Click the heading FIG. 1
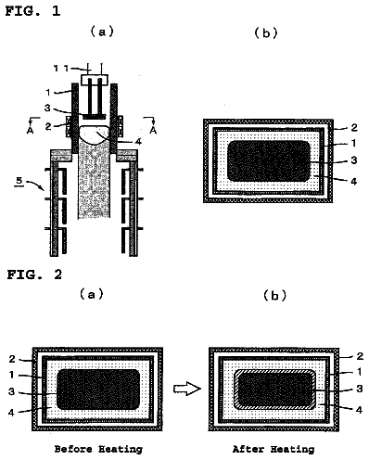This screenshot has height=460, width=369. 32,11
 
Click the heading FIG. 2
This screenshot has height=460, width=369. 34,275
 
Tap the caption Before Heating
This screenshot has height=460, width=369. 98,449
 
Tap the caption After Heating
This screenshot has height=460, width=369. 274,449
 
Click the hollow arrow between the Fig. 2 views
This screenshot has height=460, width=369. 187,389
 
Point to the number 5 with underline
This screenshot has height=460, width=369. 19,181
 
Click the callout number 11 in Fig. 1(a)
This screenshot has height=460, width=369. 61,68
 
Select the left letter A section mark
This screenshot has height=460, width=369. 30,131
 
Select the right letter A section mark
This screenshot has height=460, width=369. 153,131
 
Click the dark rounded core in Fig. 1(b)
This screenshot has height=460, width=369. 269,160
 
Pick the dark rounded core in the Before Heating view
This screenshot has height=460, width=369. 98,390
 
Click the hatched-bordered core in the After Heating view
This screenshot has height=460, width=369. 275,390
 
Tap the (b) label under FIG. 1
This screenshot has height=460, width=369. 266,33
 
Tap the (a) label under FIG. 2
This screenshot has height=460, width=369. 92,294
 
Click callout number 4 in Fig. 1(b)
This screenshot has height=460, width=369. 354,181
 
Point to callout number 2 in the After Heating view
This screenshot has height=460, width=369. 360,356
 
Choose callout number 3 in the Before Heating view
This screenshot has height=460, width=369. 11,392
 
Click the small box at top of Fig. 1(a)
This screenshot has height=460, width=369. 95,80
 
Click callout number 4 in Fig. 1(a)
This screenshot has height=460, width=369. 138,142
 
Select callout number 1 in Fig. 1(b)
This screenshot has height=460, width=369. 354,143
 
